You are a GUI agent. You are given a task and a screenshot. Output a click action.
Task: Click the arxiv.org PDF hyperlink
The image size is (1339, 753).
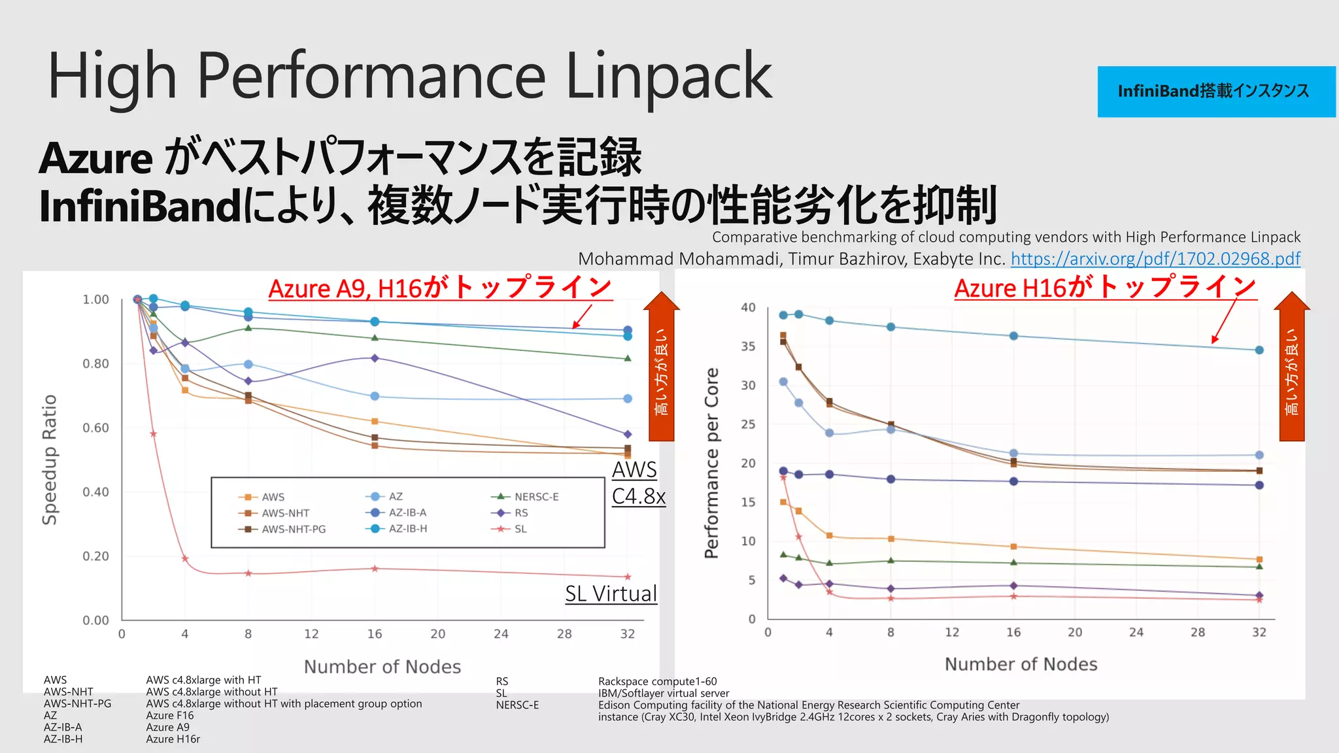point(1155,259)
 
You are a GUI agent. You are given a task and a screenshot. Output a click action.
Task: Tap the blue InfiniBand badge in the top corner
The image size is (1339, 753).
point(1215,92)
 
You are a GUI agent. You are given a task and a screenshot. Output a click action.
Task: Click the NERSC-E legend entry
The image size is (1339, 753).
point(535,497)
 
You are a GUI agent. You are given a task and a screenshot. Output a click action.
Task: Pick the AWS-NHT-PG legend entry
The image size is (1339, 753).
point(293,529)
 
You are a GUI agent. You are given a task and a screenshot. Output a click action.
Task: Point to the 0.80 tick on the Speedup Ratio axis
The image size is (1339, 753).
point(95,364)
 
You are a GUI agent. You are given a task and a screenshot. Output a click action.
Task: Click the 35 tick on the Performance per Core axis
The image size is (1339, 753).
point(748,346)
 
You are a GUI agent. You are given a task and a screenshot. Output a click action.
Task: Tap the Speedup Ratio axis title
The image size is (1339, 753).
point(50,460)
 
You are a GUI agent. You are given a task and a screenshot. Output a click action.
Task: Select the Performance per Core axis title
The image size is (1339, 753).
point(711,463)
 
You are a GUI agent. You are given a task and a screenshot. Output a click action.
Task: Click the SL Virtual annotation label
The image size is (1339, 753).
point(611,594)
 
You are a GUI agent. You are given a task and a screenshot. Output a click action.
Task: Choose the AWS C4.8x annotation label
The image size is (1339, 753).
point(637,483)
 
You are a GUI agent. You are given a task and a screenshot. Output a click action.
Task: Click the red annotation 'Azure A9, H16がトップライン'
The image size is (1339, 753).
point(440,288)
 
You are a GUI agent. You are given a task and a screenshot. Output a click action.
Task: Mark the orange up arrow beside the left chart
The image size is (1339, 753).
point(661,366)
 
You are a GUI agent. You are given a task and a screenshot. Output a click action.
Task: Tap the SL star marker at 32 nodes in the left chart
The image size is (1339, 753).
point(628,577)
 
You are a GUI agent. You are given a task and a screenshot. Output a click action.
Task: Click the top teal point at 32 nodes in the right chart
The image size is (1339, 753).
point(1259,350)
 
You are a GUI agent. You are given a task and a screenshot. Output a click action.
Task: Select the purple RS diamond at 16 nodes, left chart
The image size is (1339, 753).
point(375,358)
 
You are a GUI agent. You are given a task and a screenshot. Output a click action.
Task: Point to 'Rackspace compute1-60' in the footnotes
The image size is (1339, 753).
point(657,682)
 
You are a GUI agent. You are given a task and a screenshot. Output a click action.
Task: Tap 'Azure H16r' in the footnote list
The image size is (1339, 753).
point(173,739)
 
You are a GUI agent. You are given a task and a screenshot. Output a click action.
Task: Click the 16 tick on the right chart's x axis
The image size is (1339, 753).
point(1013,633)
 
